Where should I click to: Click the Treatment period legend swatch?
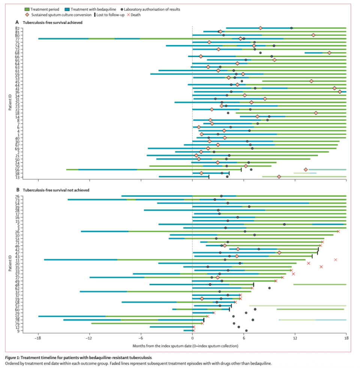tap(29, 9)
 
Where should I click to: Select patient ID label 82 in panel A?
tap(17, 28)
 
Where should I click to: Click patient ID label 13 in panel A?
tap(17, 177)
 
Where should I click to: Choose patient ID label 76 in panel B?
tap(17, 196)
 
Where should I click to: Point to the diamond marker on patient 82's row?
tap(260, 28)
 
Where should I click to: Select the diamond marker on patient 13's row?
tap(279, 177)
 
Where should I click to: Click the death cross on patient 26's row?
tap(338, 231)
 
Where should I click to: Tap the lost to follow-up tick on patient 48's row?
tap(254, 284)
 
